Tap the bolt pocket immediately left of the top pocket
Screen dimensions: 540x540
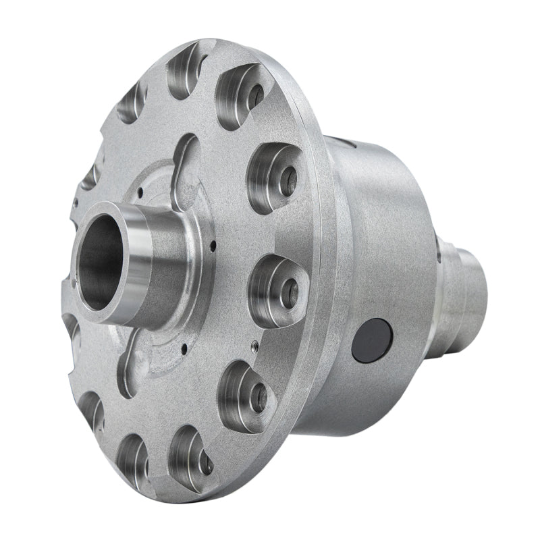point(135,101)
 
